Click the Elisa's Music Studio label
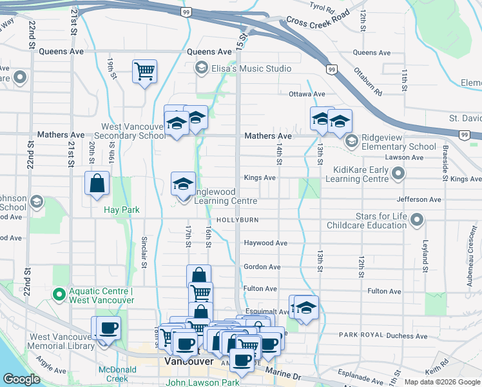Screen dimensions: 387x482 (251, 68)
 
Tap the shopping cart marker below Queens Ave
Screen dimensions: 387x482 (144, 71)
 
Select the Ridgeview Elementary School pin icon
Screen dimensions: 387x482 (352, 140)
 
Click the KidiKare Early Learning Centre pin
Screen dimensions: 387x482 (399, 173)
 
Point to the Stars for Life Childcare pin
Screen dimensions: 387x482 (417, 220)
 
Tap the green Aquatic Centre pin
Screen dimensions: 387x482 (59, 295)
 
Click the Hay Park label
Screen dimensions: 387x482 (122, 210)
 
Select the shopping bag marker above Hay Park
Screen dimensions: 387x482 (96, 183)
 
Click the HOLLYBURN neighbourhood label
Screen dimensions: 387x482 (237, 220)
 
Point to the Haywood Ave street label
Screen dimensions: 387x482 (265, 243)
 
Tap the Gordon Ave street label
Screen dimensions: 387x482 (262, 266)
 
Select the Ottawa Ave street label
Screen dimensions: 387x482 (306, 94)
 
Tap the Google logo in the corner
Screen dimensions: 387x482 (21, 379)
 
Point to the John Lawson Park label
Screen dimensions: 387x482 (202, 382)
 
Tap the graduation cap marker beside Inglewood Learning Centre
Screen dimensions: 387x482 (183, 184)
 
